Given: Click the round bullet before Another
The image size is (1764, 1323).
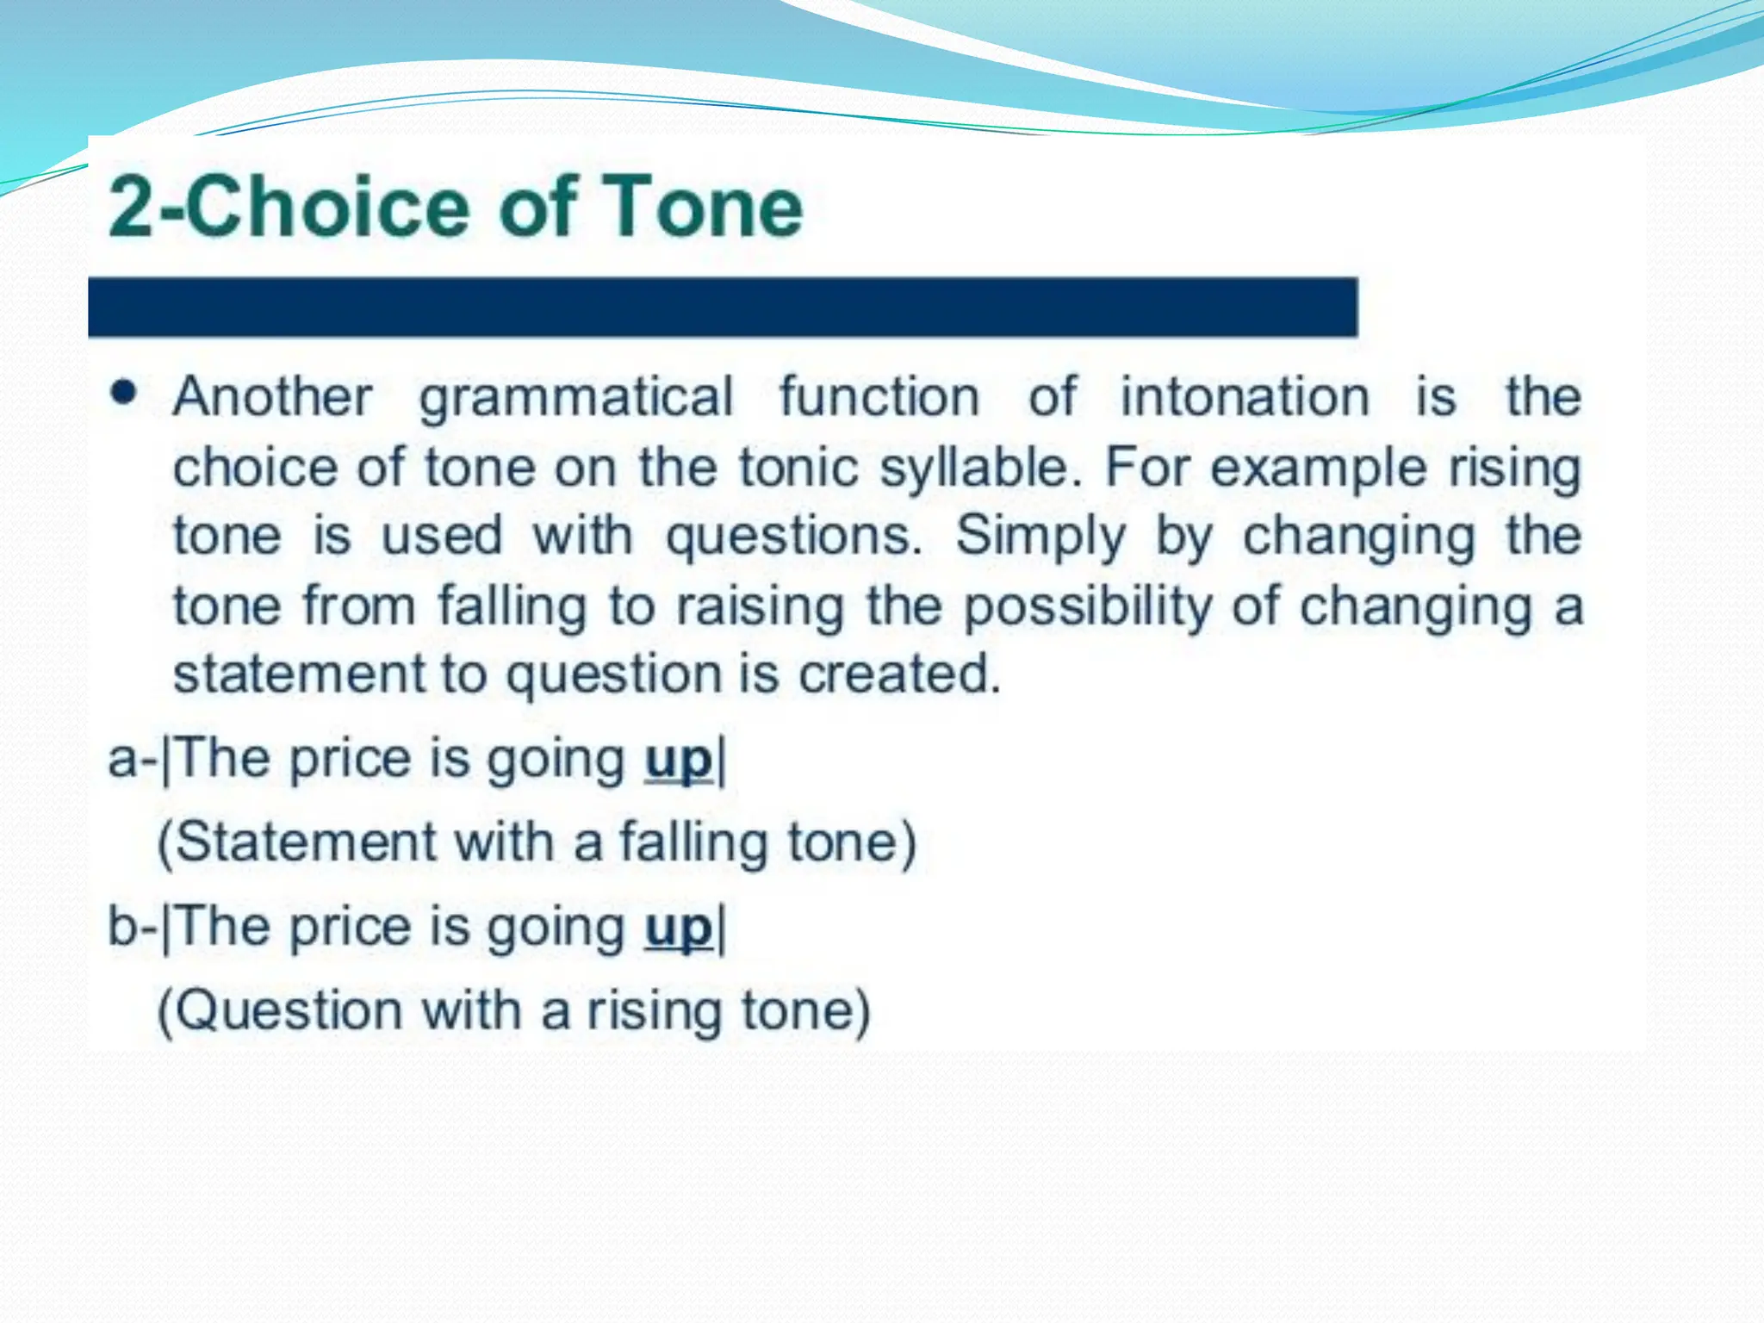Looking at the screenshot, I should pyautogui.click(x=124, y=394).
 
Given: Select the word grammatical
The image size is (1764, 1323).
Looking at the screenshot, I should pyautogui.click(x=576, y=397).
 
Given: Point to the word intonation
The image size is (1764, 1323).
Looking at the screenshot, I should pyautogui.click(x=1244, y=397).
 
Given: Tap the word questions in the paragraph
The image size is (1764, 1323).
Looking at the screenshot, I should pyautogui.click(x=793, y=536).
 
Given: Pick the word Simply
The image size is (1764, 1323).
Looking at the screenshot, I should pyautogui.click(x=1040, y=536).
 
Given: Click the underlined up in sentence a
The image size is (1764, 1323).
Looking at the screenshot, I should pyautogui.click(x=679, y=760).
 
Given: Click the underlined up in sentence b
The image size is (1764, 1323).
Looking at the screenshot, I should pyautogui.click(x=679, y=928).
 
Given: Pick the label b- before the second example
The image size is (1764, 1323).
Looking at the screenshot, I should pyautogui.click(x=130, y=928).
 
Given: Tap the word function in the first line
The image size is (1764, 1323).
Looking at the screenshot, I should pyautogui.click(x=879, y=397).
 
